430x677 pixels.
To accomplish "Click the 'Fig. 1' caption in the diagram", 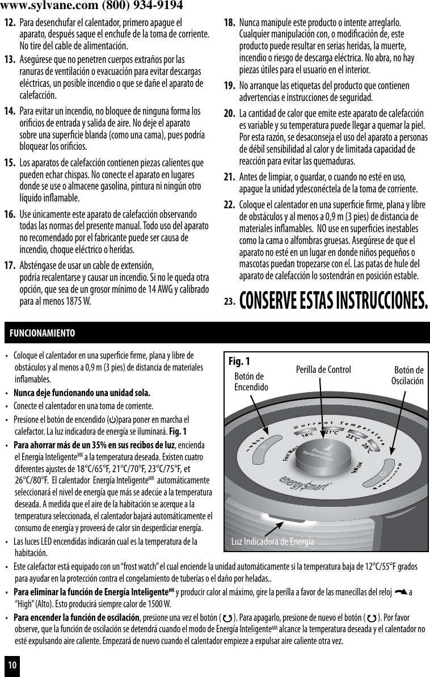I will click(x=239, y=361).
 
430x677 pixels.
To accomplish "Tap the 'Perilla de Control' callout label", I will click(x=323, y=370).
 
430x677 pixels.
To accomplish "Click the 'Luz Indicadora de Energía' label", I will click(x=272, y=541).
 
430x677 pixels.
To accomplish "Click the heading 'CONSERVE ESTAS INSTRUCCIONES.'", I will click(x=334, y=300).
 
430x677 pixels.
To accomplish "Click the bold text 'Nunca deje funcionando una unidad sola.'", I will click(x=82, y=393).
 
